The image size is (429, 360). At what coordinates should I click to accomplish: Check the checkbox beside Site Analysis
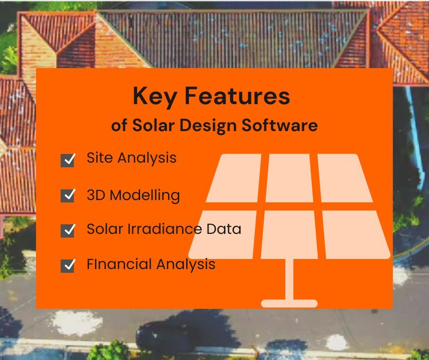click(68, 160)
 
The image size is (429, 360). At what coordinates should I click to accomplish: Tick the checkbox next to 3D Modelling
click(68, 196)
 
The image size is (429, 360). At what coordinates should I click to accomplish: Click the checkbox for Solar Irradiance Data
click(68, 230)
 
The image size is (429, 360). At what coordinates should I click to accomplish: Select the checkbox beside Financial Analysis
click(68, 265)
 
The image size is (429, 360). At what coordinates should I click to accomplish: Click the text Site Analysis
click(131, 158)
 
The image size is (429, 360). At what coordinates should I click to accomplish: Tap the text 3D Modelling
click(133, 195)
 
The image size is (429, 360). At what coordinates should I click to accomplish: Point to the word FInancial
click(120, 264)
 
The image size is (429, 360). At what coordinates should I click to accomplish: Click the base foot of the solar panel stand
click(289, 303)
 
